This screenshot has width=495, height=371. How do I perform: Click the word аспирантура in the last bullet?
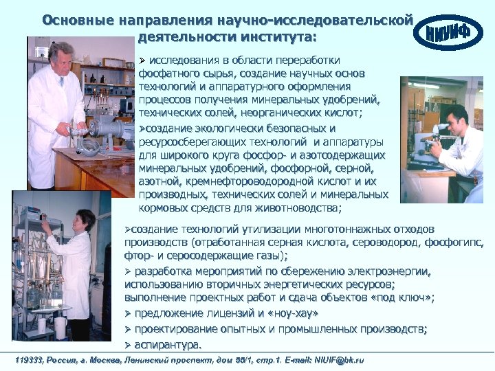(168, 344)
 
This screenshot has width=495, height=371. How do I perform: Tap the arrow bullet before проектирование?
(127, 329)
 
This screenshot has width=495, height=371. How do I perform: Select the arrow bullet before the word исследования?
(143, 59)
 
